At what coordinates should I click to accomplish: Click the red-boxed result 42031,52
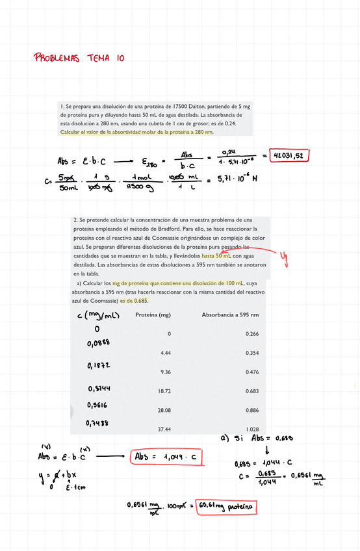290,155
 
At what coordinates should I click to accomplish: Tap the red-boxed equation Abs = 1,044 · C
167,457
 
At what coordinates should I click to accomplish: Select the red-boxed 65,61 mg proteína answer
227,505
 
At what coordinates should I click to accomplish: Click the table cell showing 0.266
252,333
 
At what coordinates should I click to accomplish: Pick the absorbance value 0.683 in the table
252,391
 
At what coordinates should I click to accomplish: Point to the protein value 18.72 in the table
164,391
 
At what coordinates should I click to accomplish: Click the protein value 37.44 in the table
164,429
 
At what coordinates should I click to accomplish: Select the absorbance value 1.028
252,429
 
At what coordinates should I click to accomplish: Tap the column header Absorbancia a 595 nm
231,314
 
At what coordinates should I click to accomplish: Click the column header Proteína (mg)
153,314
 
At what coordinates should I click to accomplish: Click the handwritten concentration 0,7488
98,423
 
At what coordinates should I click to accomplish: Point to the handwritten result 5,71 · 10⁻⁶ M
238,179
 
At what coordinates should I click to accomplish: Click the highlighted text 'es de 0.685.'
133,301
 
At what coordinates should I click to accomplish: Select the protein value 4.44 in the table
165,353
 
